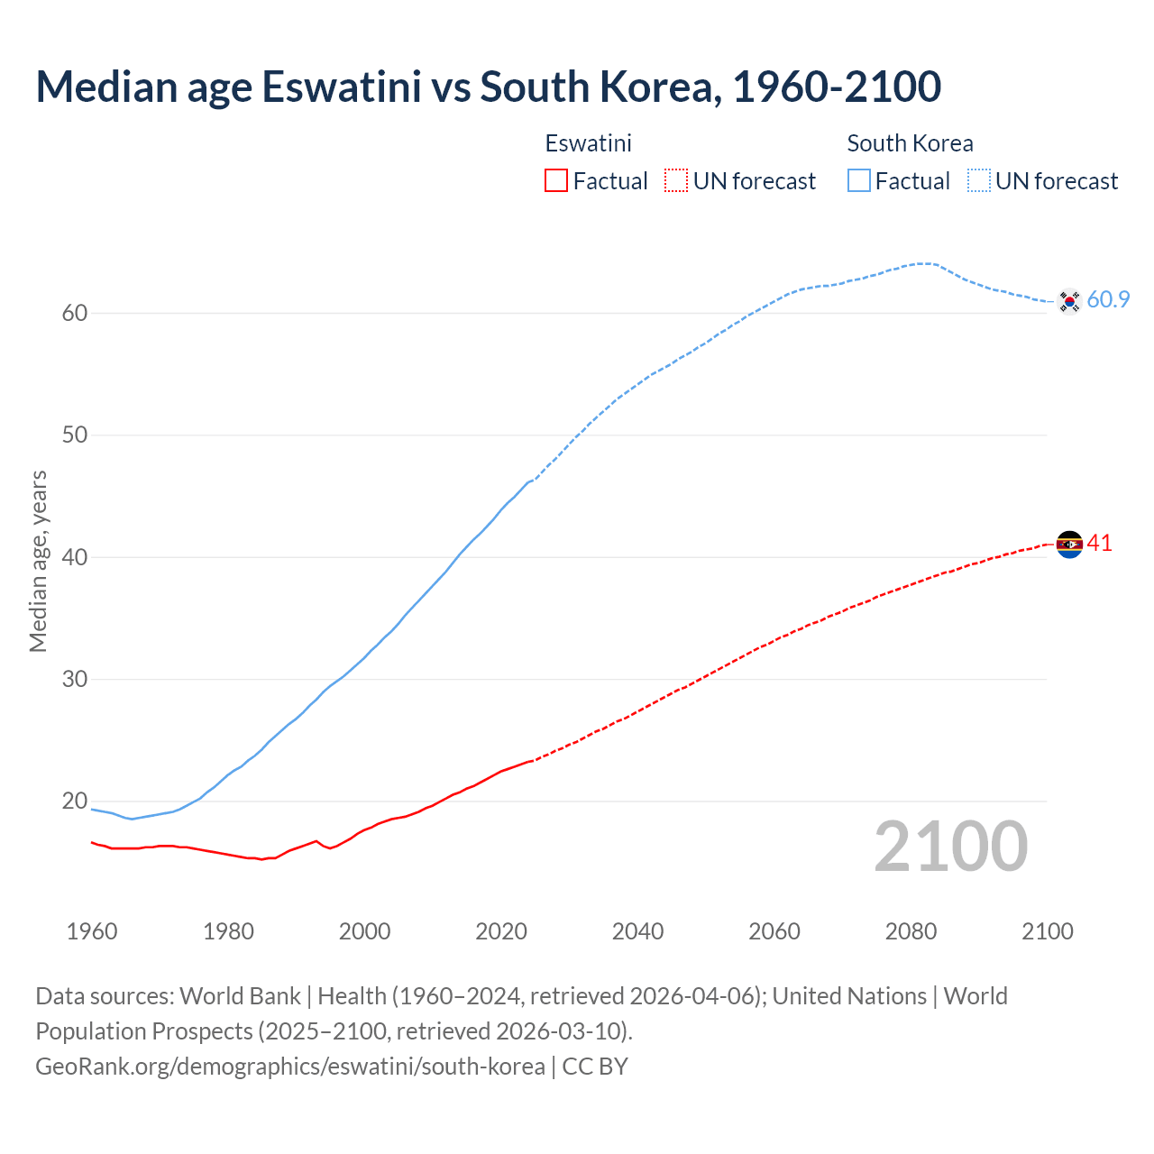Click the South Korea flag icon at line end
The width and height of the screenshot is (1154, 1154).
tap(1069, 301)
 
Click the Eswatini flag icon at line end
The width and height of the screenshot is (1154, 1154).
tap(1069, 544)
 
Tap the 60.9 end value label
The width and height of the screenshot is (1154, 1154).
tap(1108, 300)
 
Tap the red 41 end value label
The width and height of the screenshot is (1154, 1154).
tap(1100, 543)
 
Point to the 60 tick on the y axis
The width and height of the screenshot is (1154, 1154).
tap(75, 314)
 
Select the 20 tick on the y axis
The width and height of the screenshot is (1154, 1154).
tap(75, 801)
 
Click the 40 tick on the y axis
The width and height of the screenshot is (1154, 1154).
tap(75, 557)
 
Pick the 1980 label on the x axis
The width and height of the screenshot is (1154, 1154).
tap(228, 931)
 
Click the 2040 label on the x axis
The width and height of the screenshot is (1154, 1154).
tap(637, 931)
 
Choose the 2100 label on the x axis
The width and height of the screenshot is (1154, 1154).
tap(1047, 931)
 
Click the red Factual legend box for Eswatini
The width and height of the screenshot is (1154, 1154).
tap(556, 181)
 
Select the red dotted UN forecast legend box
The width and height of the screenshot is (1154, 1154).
tap(676, 181)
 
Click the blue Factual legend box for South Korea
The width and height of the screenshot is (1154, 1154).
tap(858, 181)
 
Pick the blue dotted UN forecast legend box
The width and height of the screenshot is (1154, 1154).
tap(978, 181)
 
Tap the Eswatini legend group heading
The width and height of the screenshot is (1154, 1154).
tap(588, 143)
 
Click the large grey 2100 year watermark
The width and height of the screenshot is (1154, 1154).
tap(950, 846)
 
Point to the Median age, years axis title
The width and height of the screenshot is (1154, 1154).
tap(38, 561)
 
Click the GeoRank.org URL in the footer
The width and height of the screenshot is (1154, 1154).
tap(290, 1067)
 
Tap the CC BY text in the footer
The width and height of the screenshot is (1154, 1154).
tap(595, 1067)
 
